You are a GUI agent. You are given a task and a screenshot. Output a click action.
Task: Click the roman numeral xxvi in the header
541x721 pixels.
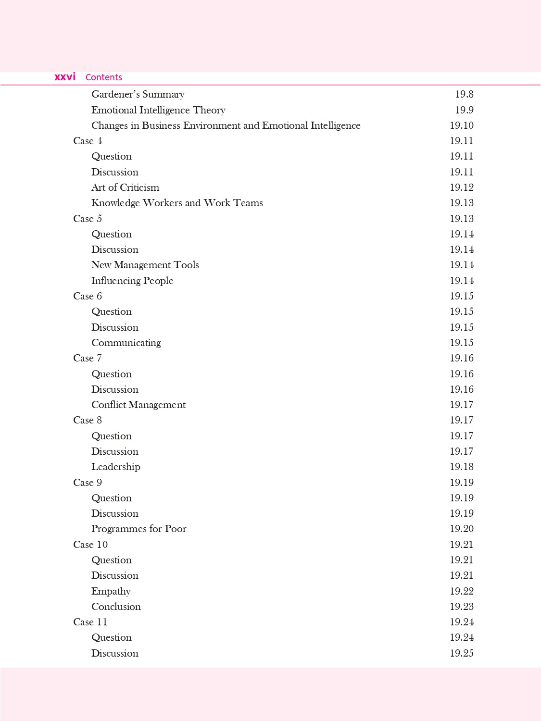65,77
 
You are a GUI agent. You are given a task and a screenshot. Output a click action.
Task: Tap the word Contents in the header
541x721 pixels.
103,77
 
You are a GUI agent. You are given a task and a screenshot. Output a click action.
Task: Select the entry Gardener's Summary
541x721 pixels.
138,94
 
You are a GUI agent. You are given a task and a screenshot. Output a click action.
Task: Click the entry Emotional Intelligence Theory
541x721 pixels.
158,110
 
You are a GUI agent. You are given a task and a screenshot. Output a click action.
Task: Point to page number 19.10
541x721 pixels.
461,125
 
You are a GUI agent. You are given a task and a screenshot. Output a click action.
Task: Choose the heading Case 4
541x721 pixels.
88,141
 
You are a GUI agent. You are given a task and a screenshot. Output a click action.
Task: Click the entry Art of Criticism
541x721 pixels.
125,187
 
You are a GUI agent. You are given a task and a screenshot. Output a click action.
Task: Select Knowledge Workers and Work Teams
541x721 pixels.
177,203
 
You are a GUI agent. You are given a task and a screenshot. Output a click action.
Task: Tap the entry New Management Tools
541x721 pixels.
145,265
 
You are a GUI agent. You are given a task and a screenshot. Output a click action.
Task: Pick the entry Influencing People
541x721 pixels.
132,281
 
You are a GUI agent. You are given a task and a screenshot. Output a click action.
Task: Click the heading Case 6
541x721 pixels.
88,296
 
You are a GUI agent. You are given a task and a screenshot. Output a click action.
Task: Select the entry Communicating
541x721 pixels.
126,343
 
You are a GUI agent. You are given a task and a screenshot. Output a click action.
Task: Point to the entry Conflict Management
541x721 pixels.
138,405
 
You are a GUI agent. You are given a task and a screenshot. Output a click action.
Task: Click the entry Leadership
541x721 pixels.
115,467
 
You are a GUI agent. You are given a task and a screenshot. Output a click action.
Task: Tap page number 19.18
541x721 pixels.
461,467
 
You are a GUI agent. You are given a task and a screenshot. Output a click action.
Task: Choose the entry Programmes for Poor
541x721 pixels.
138,529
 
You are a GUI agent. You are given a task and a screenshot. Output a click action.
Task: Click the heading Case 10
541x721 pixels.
90,545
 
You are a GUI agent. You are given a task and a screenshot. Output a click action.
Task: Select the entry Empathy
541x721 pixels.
111,591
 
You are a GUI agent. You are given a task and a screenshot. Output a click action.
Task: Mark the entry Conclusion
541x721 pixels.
116,607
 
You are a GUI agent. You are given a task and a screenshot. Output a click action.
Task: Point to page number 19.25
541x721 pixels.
461,653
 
